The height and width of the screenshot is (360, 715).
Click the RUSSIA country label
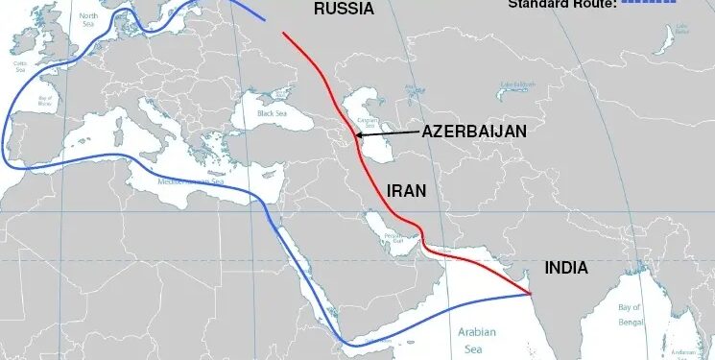(343, 10)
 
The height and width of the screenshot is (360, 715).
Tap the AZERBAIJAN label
(474, 131)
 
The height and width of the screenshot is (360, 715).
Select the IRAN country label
(406, 190)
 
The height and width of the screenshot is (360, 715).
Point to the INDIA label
(566, 268)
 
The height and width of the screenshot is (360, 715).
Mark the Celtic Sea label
(21, 67)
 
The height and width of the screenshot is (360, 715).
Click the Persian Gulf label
(393, 237)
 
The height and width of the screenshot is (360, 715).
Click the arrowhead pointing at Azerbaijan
(358, 135)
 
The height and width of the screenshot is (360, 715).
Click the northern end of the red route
(283, 34)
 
